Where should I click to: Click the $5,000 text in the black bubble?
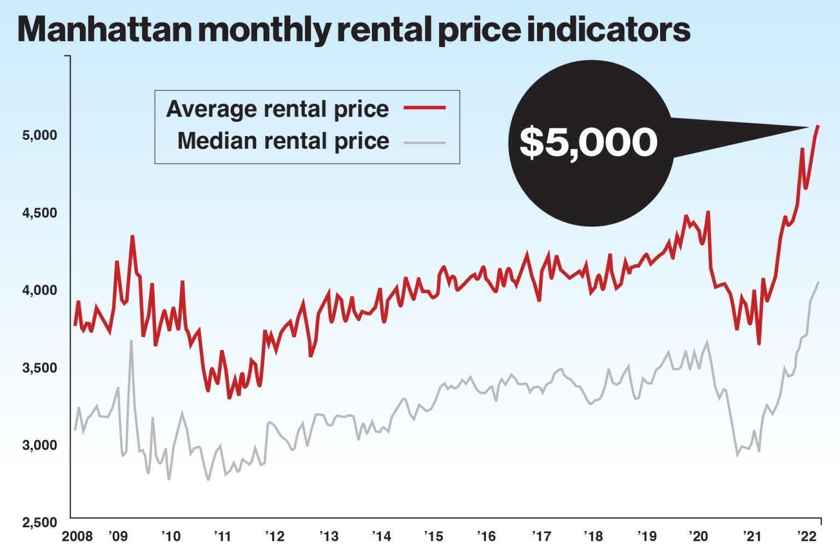coord(588,143)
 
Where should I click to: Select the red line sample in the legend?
coord(424,108)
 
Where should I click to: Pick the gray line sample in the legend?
coord(424,143)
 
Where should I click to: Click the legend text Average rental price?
coord(277,109)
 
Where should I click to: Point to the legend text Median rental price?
coord(283,141)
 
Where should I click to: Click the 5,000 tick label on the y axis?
coord(39,135)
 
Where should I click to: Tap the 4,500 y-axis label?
coord(39,213)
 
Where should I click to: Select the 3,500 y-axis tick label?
coord(39,368)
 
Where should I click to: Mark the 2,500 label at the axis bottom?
coord(39,522)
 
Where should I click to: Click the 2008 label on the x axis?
coord(77,536)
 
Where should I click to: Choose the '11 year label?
coord(223,536)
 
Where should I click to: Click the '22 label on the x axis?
coord(806,536)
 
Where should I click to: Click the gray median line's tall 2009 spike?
coord(131,341)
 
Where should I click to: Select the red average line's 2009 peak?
coord(132,236)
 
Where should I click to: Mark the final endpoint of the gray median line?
coord(819,282)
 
